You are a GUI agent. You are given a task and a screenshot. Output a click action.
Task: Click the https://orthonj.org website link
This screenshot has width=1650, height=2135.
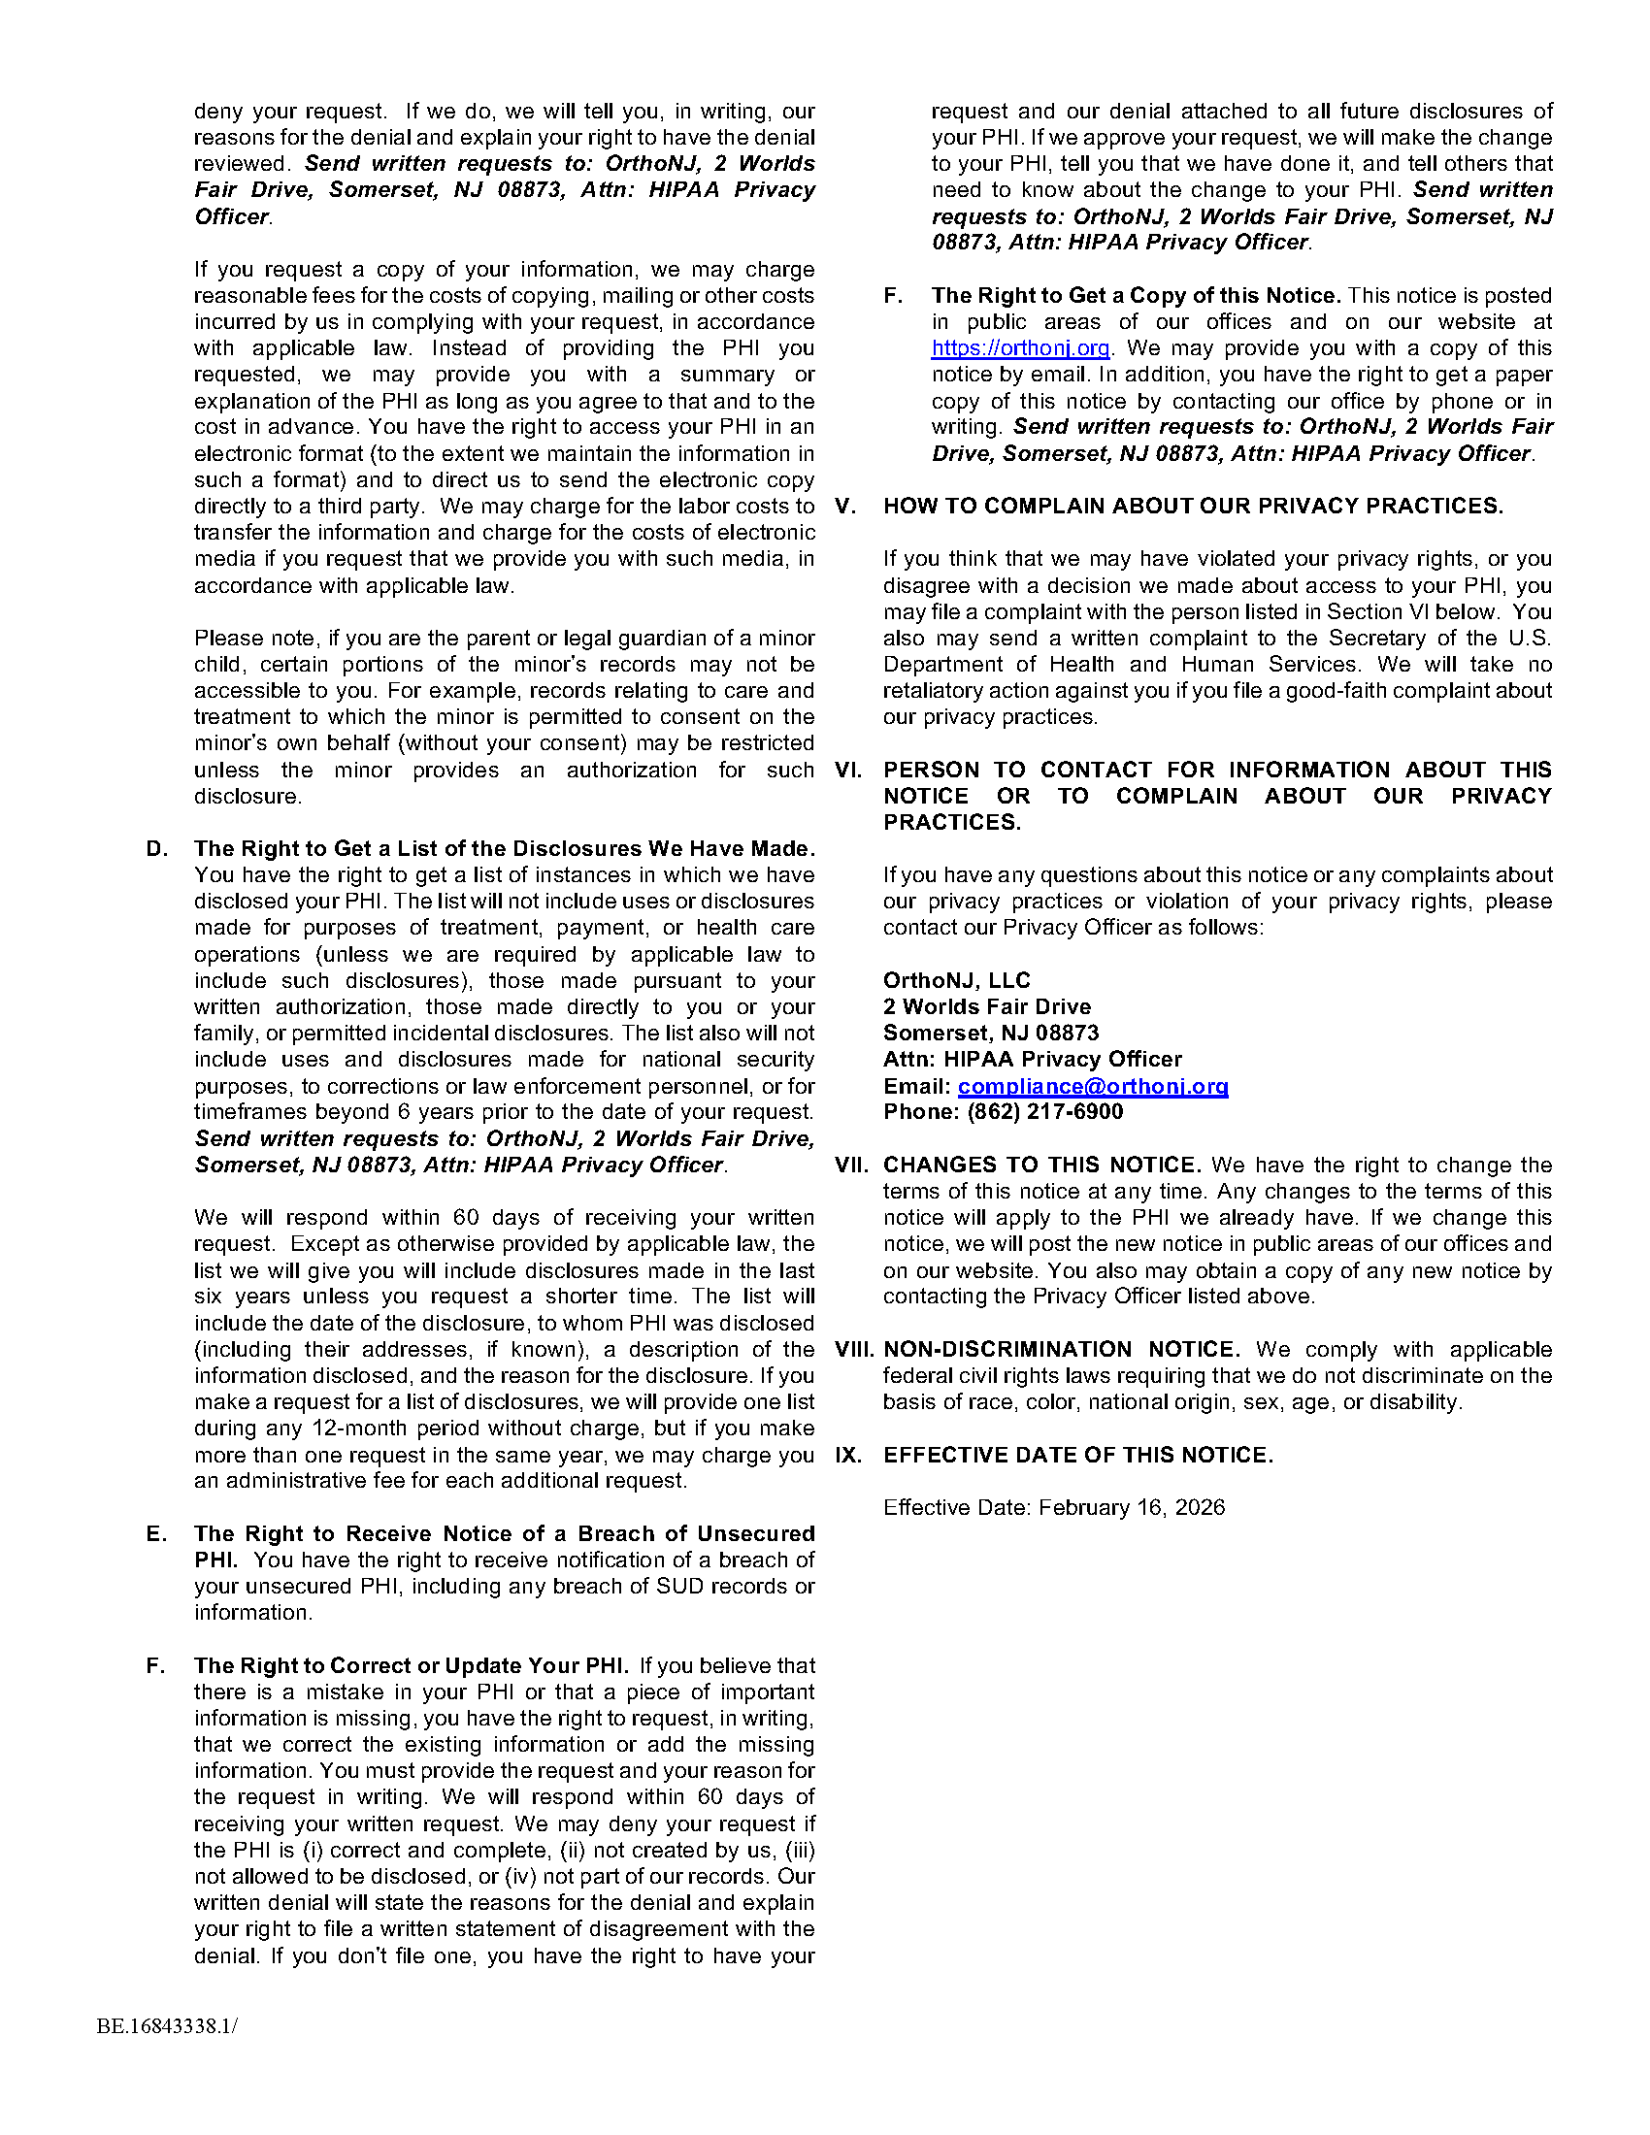(1019, 348)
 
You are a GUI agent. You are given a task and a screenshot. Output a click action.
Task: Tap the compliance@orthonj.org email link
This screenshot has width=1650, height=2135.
(1092, 1086)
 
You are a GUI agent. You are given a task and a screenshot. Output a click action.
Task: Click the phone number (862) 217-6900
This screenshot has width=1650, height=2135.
(1045, 1111)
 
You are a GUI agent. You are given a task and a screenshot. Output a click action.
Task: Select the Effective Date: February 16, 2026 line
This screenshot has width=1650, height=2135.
(1054, 1507)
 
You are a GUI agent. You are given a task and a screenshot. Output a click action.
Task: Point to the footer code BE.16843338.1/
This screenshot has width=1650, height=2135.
(167, 2025)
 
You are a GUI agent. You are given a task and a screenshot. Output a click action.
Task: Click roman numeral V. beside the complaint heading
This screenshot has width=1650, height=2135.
(845, 507)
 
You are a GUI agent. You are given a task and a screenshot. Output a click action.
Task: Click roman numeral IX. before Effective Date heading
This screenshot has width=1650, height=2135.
(848, 1455)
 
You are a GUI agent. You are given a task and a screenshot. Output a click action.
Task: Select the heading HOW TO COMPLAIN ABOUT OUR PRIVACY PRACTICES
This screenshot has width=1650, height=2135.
(1193, 507)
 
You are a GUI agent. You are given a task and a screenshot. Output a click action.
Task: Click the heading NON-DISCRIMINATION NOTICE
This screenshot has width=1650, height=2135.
(1062, 1349)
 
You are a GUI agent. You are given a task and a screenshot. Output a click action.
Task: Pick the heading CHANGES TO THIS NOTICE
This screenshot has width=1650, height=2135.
(1042, 1166)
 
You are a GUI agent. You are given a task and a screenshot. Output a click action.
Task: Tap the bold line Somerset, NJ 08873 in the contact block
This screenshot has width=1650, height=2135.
(990, 1034)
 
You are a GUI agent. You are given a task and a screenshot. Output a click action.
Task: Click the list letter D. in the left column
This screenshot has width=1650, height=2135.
(157, 848)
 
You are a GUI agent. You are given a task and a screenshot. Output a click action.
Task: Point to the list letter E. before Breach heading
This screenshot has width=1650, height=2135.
(156, 1533)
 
